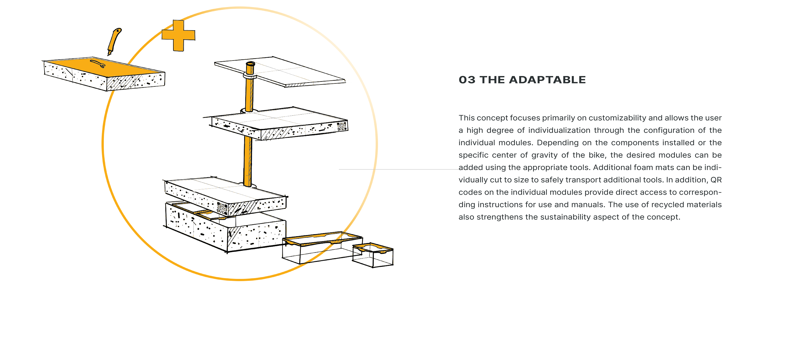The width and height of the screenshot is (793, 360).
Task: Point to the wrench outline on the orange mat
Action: coord(98,64)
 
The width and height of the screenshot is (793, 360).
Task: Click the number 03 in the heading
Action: coord(467,80)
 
